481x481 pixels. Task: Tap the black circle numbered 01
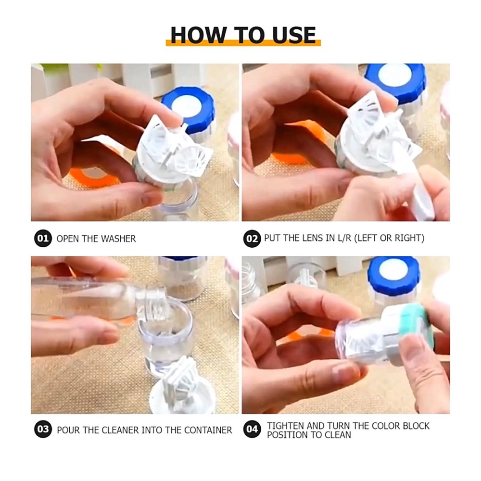click(43, 238)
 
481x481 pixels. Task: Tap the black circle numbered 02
click(252, 238)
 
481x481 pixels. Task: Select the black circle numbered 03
click(43, 430)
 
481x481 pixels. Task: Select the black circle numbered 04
click(252, 430)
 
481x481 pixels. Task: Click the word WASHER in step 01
click(118, 239)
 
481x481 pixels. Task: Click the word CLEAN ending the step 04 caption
click(338, 435)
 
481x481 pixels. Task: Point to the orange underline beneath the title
click(243, 44)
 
